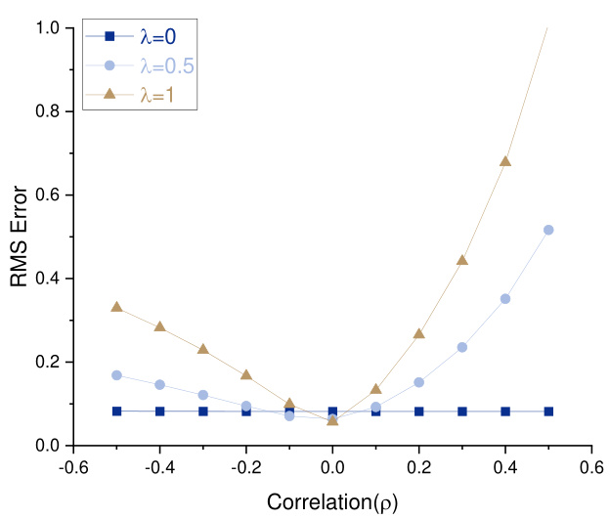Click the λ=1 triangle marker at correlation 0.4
505,161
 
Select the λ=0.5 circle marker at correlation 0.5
548,230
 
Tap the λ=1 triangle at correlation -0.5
116,307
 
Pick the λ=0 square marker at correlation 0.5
548,411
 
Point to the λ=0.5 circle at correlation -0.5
116,375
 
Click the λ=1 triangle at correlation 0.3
462,260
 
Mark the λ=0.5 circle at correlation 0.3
462,347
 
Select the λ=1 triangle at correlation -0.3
203,349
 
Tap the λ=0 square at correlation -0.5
116,411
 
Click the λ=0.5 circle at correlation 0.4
505,299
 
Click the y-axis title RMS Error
20,237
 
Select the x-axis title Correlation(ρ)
332,502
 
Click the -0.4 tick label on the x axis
158,466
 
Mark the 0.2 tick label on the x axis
419,466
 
